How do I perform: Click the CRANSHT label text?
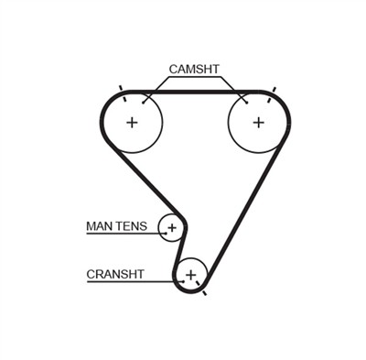tap(115, 273)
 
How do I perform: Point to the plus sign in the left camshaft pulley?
tap(132, 122)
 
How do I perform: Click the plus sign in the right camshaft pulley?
tap(259, 122)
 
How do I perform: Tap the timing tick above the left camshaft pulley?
tap(122, 90)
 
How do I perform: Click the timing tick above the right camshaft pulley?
tap(270, 90)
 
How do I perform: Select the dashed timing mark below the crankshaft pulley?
tap(202, 292)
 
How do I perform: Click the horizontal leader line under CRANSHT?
tap(128, 281)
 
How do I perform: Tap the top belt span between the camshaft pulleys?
tap(195, 93)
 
